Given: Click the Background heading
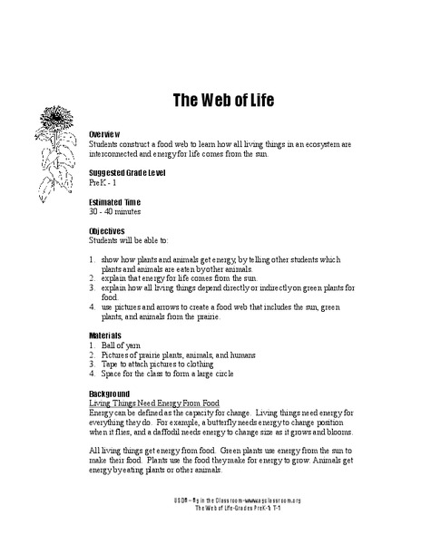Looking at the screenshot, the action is pyautogui.click(x=112, y=394).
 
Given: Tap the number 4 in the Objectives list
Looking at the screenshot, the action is pyautogui.click(x=93, y=306).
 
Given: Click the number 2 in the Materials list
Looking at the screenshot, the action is pyautogui.click(x=93, y=355).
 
